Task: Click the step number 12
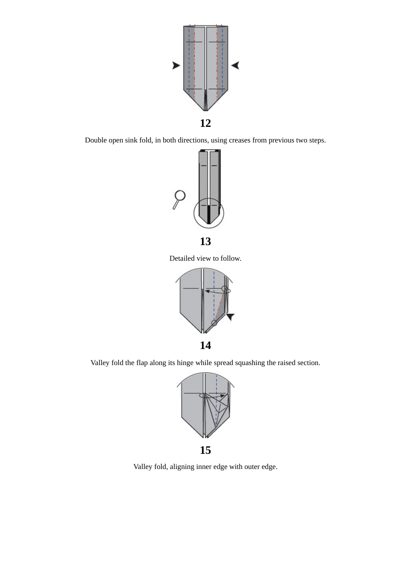[205, 123]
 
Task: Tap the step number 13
[205, 242]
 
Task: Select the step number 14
[205, 346]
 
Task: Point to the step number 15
[205, 450]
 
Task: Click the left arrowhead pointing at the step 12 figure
[176, 65]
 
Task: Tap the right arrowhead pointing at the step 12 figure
[235, 65]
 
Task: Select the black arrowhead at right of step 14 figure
[230, 317]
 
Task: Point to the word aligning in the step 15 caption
[182, 467]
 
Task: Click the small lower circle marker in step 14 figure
[214, 323]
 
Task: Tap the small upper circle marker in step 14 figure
[225, 288]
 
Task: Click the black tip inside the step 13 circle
[209, 215]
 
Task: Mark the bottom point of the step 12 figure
[206, 110]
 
